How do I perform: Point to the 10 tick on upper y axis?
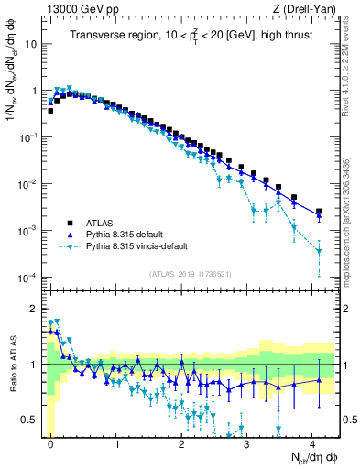click(x=30, y=44)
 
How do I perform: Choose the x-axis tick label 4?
click(x=312, y=442)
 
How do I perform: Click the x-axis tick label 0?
click(x=51, y=442)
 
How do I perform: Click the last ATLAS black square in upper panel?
click(x=319, y=212)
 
